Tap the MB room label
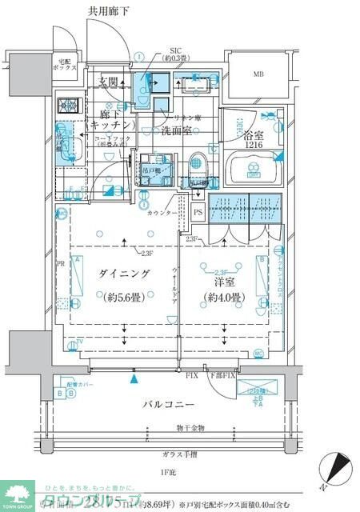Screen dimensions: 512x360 tap(258, 74)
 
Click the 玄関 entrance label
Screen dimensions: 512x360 tap(110, 81)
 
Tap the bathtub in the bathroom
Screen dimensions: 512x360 tap(252, 170)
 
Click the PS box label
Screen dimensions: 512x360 tap(198, 212)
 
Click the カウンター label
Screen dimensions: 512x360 tap(162, 213)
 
